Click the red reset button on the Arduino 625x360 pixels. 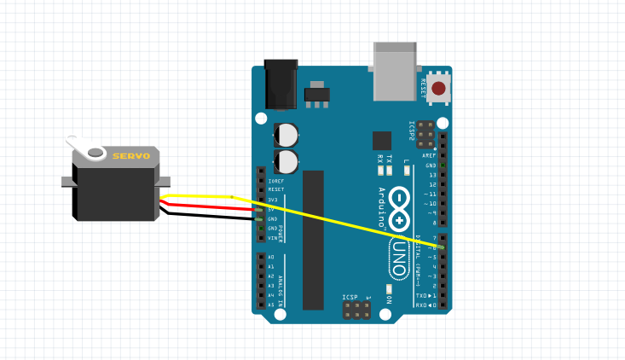438,88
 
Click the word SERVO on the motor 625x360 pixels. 131,156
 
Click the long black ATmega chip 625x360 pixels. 313,240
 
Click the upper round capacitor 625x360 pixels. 286,135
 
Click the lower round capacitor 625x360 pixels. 286,161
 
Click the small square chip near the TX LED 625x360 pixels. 381,141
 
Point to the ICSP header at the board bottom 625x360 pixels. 356,309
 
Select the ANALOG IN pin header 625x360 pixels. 261,281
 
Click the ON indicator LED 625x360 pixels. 388,289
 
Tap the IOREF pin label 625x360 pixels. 275,181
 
